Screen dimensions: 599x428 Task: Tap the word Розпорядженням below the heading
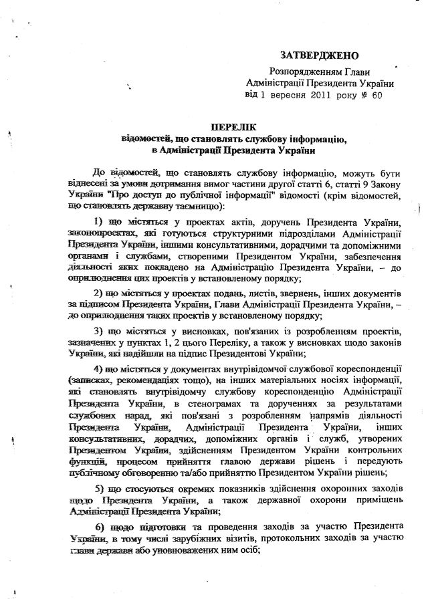pos(302,72)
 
